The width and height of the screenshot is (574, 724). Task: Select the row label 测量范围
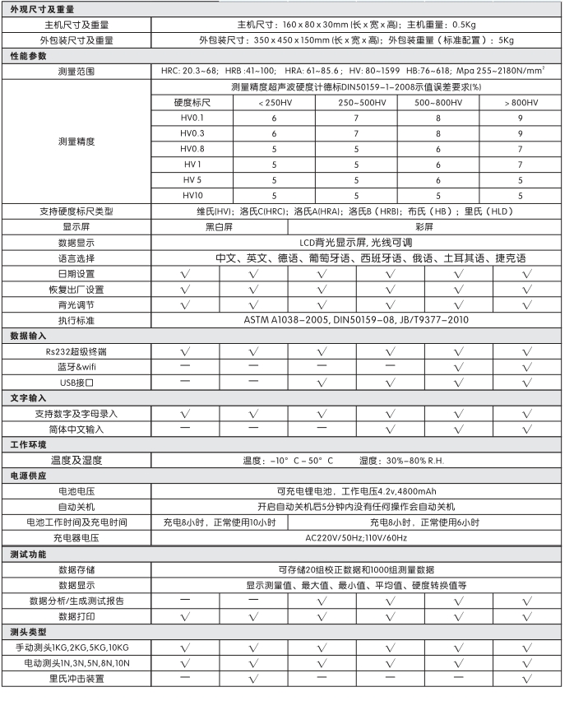click(x=76, y=72)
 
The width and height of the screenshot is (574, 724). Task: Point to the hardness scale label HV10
click(x=192, y=196)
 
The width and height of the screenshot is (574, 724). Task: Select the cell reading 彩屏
click(x=424, y=227)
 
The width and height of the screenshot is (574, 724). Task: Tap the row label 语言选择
click(x=76, y=258)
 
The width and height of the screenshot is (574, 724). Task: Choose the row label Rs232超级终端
click(x=76, y=351)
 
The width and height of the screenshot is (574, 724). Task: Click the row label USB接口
click(x=76, y=383)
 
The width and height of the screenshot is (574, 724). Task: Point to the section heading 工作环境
click(x=29, y=444)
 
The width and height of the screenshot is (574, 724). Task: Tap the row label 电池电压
click(x=76, y=491)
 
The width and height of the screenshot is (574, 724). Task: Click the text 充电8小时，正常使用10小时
click(x=220, y=522)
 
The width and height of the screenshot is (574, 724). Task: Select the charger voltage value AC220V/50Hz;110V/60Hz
click(x=356, y=538)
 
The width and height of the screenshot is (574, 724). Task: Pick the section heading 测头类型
click(x=29, y=631)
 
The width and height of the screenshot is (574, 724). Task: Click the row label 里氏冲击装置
click(x=76, y=679)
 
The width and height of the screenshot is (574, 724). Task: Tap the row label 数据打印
click(x=76, y=615)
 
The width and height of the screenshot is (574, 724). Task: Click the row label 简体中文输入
click(x=76, y=429)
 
